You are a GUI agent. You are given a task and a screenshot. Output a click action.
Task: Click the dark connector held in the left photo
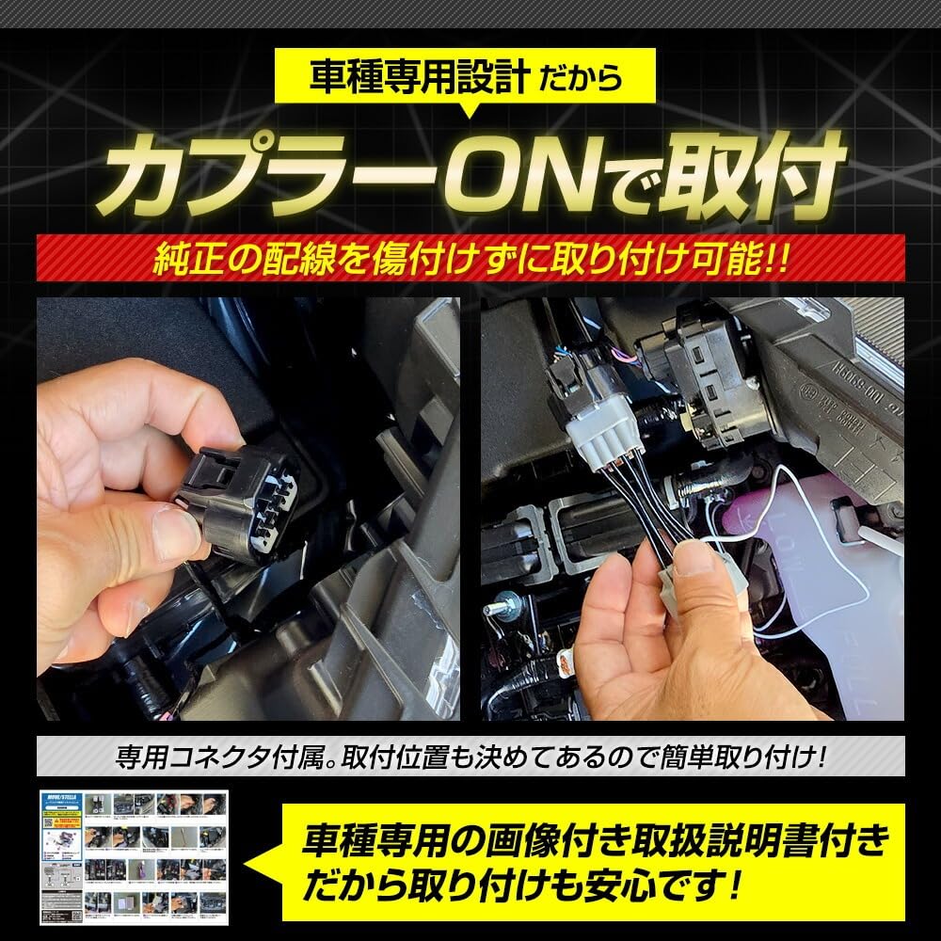pos(247,499)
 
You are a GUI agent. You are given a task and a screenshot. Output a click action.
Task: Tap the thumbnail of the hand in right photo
pos(695,561)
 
